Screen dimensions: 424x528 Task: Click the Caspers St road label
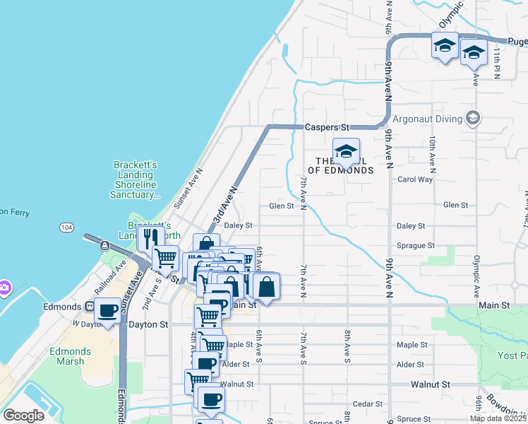click(328, 128)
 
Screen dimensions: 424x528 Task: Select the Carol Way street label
click(415, 179)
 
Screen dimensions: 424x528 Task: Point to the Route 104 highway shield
click(66, 227)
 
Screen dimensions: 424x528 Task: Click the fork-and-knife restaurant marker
click(150, 239)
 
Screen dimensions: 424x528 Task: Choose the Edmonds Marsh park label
click(67, 356)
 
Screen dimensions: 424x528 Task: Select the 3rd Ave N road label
click(222, 202)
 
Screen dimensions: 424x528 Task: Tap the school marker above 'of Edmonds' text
click(346, 151)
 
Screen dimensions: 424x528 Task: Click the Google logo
click(23, 416)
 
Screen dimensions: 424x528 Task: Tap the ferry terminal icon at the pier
click(104, 246)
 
